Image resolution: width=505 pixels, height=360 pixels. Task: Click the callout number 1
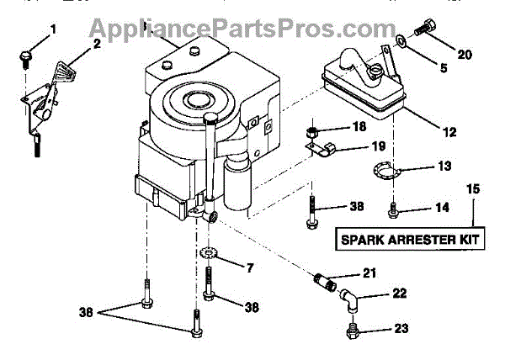[53, 30]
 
